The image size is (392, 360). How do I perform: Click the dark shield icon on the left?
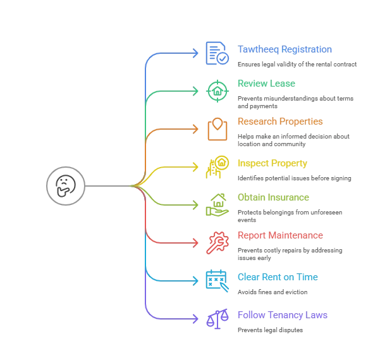66,185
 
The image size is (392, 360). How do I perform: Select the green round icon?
216,90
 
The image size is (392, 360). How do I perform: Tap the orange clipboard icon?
216,129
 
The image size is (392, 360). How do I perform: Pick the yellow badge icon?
216,166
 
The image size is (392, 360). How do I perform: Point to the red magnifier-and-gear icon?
216,242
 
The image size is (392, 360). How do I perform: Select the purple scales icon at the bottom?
216,318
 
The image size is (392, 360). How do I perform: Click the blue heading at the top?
285,49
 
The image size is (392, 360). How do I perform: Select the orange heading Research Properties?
281,121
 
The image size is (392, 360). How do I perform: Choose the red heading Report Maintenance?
281,235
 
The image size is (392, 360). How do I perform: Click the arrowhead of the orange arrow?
197,129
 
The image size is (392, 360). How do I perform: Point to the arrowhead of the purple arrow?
197,318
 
